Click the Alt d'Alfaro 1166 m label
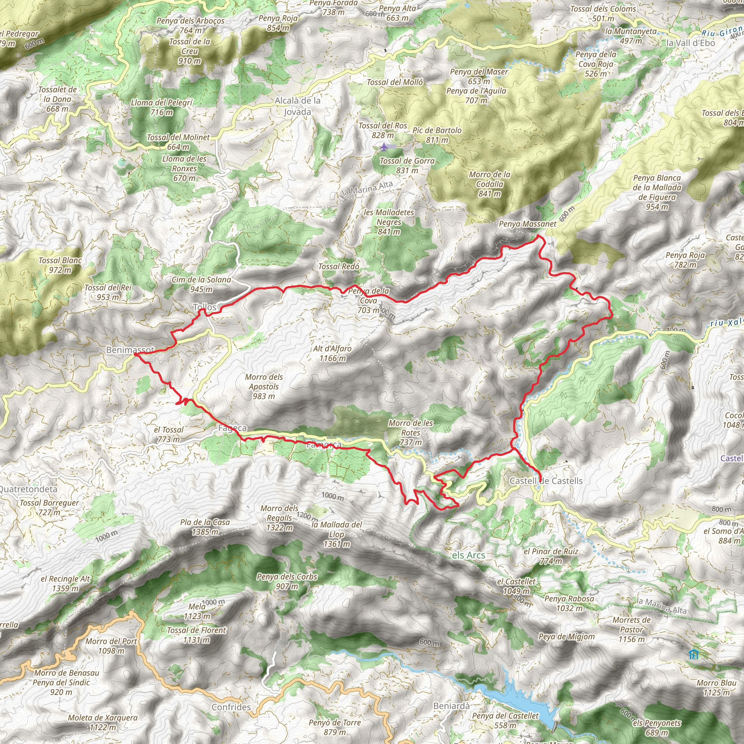[x=332, y=353]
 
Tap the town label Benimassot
[x=130, y=350]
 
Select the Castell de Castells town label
[x=546, y=481]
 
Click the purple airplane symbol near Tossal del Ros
[x=384, y=147]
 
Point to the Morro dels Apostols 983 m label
[x=264, y=386]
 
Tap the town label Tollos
[x=205, y=307]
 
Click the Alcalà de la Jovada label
[x=297, y=106]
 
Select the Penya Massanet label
[x=527, y=224]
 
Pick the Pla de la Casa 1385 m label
[x=205, y=527]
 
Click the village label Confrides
[x=231, y=707]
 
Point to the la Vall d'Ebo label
[x=690, y=43]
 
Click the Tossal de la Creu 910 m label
[x=190, y=51]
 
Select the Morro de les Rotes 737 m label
[x=411, y=432]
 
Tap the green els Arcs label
[x=468, y=555]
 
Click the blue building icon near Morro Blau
[x=694, y=654]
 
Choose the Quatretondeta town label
[x=28, y=489]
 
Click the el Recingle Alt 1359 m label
[x=65, y=583]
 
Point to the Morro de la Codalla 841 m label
[x=489, y=184]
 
